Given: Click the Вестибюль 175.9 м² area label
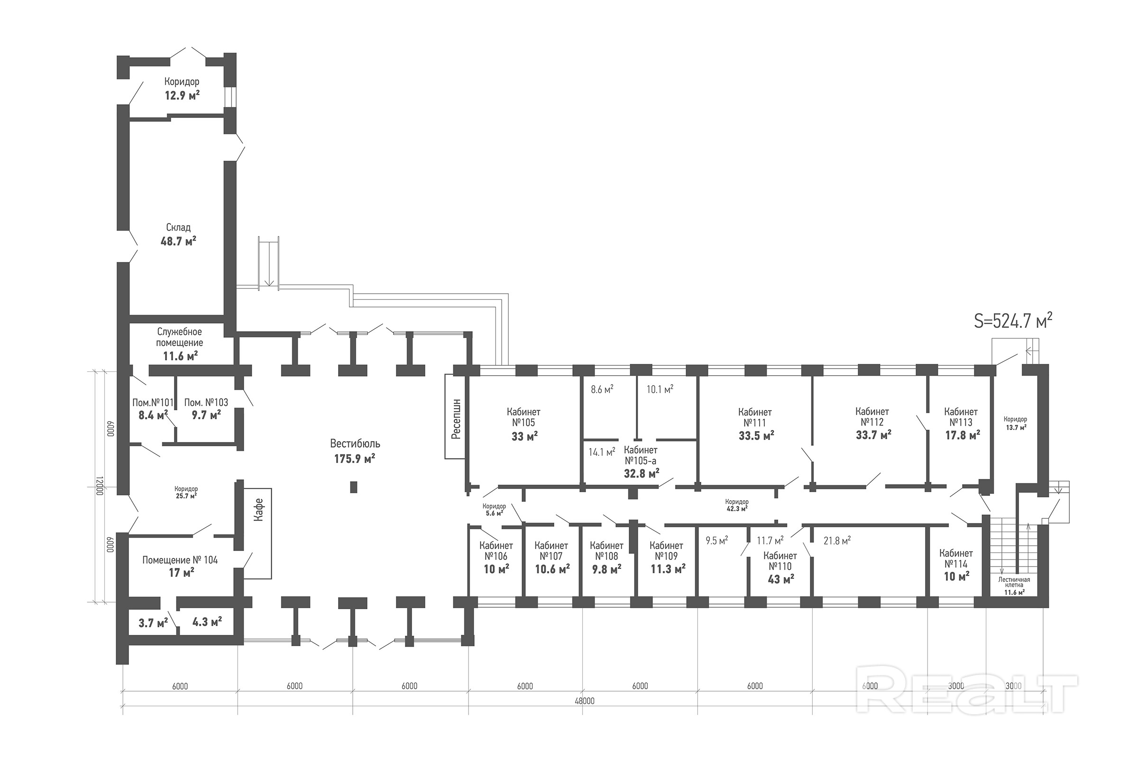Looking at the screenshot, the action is coord(355,451).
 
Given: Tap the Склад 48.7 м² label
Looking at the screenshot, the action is coord(178,234).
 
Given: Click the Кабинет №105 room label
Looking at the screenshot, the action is coord(524,417).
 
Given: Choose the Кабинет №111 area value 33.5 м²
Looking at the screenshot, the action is coord(757,435).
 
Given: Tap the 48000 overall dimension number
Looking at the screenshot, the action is coord(584,701).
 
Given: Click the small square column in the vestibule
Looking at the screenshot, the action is coord(354,487).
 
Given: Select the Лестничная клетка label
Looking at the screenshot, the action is coord(1014,582).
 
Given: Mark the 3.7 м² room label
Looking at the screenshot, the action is coord(153,623).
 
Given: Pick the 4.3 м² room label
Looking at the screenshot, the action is coord(207,622).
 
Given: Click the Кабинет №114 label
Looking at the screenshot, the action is coord(956,558).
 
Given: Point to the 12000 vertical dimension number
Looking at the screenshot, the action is coord(99,486).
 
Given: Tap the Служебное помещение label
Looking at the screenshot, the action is coord(179,337).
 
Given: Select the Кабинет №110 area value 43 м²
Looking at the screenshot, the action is coord(781,578).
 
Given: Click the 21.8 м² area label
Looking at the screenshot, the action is coord(837,541).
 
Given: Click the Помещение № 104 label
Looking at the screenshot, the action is coord(180,560).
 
